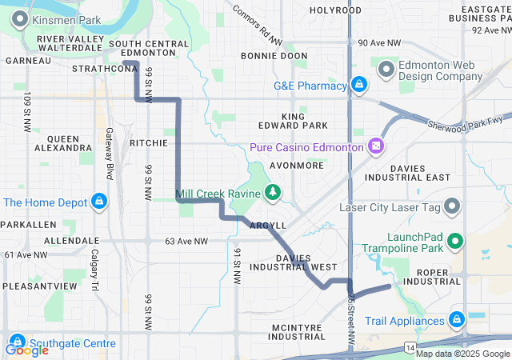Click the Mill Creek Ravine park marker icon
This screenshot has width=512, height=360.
[x=274, y=193]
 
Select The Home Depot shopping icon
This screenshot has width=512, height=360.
[x=99, y=202]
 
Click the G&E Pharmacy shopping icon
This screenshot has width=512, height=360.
[x=359, y=84]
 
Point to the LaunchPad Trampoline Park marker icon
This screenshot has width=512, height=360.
[x=456, y=240]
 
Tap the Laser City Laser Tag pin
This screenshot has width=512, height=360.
[x=452, y=207]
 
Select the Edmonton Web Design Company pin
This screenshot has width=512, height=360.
[x=387, y=70]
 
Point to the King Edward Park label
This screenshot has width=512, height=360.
[x=293, y=121]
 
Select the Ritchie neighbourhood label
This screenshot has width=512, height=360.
[x=148, y=143]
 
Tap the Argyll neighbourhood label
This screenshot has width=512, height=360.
[x=267, y=226]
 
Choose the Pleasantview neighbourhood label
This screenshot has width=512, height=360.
[x=39, y=286]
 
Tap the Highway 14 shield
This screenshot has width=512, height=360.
[x=410, y=346]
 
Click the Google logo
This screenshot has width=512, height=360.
[x=26, y=350]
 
